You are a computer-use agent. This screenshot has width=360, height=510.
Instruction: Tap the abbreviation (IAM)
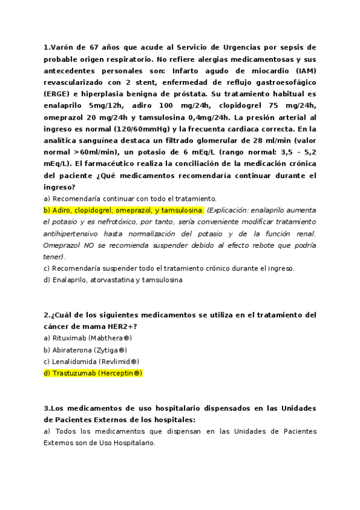click(x=304, y=70)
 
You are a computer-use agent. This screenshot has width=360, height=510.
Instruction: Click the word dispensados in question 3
click(x=190, y=408)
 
